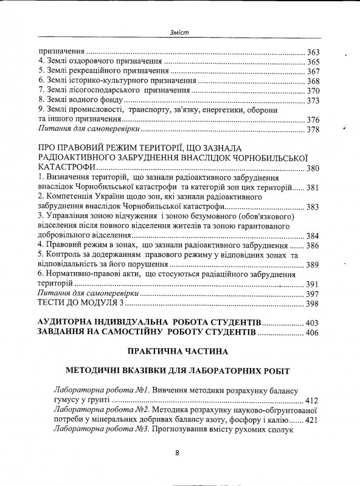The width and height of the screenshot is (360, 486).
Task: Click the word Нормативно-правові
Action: point(87,275)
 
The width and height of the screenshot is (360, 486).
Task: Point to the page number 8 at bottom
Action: point(177,453)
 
